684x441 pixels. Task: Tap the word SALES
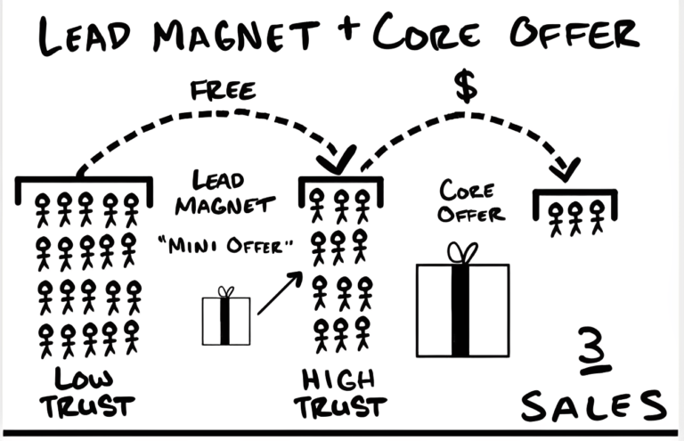point(592,405)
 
